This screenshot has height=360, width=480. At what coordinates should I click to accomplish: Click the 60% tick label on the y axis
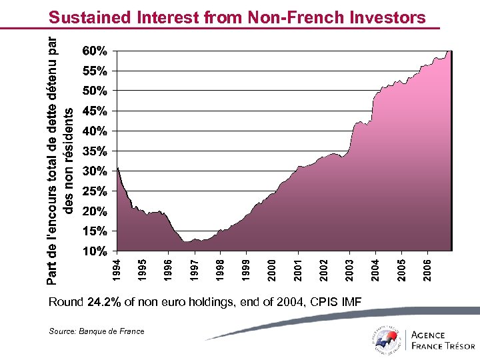pos(94,51)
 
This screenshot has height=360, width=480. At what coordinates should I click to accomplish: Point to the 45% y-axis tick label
pos(94,111)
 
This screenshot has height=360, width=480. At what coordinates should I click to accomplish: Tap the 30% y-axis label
pos(94,171)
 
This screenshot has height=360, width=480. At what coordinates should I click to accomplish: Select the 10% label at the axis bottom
pos(94,252)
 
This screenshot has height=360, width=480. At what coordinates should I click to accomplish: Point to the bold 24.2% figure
pos(104,303)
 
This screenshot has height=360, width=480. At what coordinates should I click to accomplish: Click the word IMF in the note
pos(351,303)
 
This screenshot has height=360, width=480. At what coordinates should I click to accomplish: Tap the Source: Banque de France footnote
pos(96,331)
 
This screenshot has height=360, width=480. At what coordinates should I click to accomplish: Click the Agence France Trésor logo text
pos(443,340)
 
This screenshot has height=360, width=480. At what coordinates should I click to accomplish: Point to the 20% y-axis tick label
pos(94,212)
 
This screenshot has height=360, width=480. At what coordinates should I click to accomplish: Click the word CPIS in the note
pos(323,303)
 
